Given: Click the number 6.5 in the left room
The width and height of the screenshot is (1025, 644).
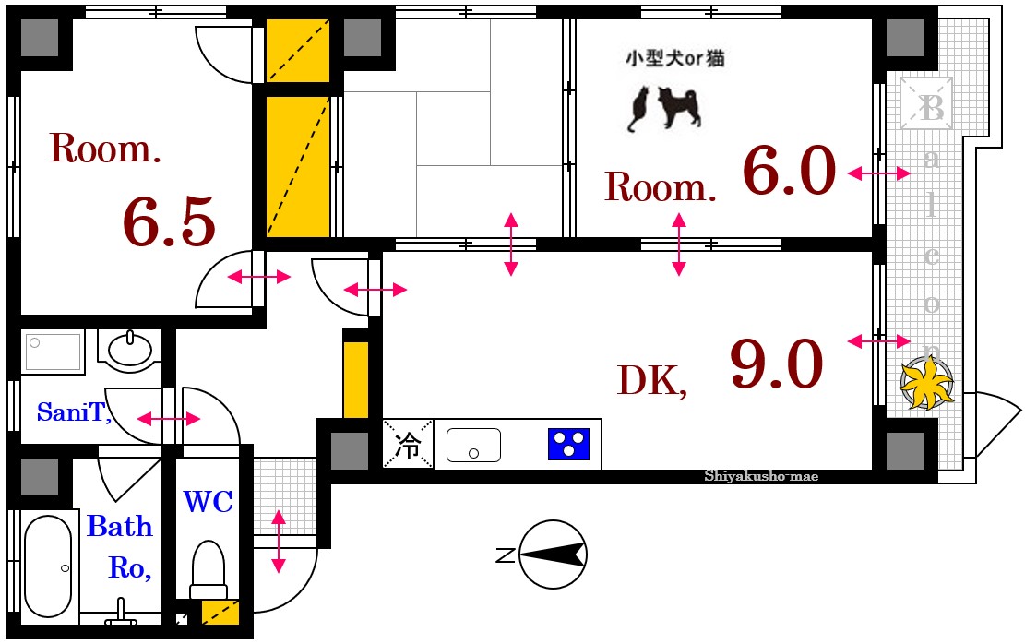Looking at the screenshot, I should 169,222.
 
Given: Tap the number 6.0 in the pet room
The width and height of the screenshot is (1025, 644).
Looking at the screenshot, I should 789,173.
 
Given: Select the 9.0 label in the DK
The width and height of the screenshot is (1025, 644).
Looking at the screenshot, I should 776,364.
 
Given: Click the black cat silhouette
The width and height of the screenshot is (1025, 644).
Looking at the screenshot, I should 638,108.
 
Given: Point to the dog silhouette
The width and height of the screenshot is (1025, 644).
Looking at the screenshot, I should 681,107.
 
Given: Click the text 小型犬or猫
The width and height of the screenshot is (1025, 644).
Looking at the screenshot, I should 674,59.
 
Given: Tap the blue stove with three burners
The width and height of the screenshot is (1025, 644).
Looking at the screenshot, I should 568,444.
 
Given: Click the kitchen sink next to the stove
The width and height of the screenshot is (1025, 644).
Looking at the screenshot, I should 473,445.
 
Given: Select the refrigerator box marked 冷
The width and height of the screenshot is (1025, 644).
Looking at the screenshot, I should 408,445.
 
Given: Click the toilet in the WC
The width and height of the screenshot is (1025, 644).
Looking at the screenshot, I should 208,570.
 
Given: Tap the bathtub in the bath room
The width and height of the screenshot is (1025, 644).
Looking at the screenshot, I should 48,566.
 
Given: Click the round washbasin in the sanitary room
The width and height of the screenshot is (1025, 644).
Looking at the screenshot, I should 130,349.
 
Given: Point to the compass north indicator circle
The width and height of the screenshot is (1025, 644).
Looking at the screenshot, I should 554,555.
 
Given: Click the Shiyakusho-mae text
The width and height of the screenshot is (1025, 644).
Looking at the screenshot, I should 761,476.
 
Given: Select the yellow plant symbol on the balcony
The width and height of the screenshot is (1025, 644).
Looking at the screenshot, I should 925,382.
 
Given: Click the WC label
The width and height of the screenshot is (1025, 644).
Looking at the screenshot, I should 208,502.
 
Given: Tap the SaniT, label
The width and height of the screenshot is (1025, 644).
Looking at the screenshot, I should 74,412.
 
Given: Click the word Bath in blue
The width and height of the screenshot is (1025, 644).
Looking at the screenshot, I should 120,527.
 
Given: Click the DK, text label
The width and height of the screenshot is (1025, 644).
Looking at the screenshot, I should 651,380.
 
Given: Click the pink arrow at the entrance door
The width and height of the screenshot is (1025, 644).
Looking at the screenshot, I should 279,540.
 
